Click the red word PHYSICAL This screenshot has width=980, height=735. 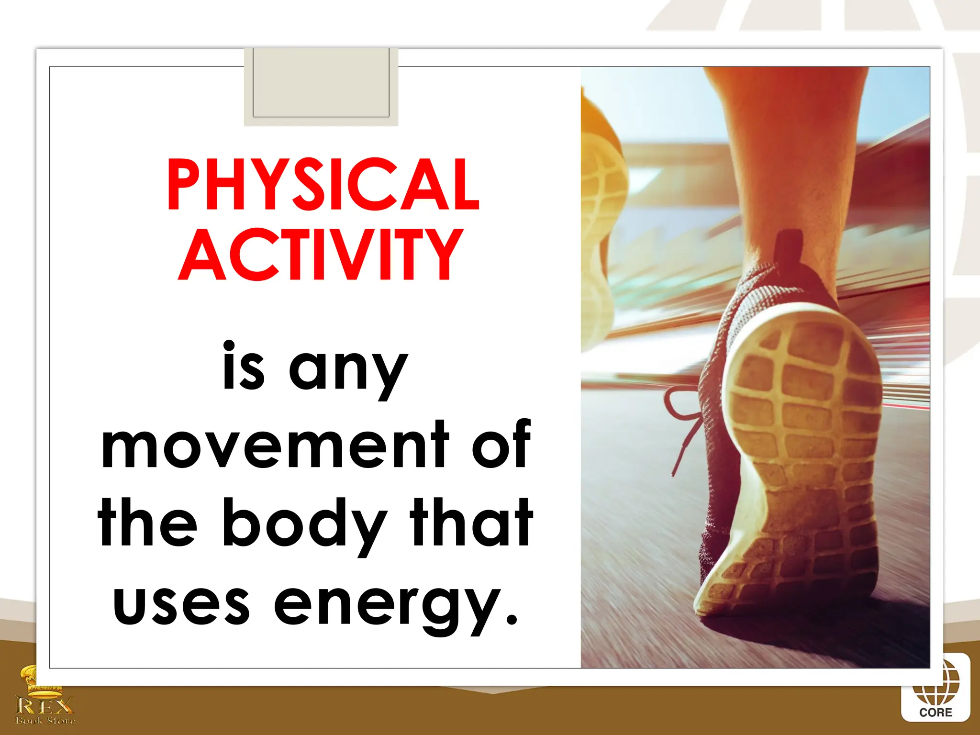coord(323,185)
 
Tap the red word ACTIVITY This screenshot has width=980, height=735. coord(320,255)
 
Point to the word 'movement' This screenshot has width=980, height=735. coord(275,445)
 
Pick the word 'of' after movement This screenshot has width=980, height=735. coord(501,444)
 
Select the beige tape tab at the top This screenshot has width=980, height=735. coord(321,86)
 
